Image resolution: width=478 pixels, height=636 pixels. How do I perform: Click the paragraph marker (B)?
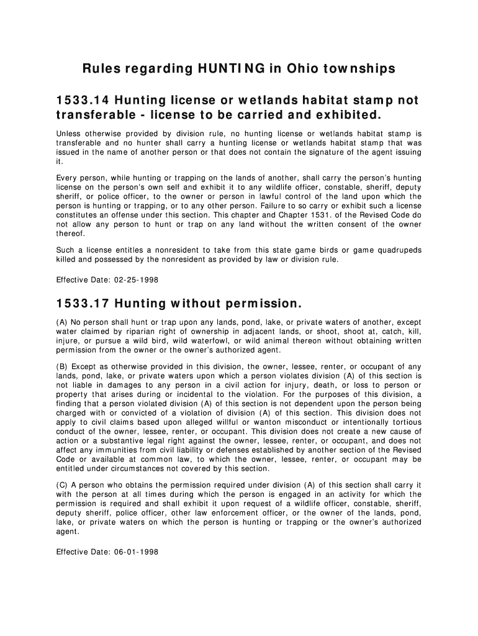click(x=61, y=366)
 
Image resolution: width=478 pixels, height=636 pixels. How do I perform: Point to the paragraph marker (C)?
click(x=61, y=485)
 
